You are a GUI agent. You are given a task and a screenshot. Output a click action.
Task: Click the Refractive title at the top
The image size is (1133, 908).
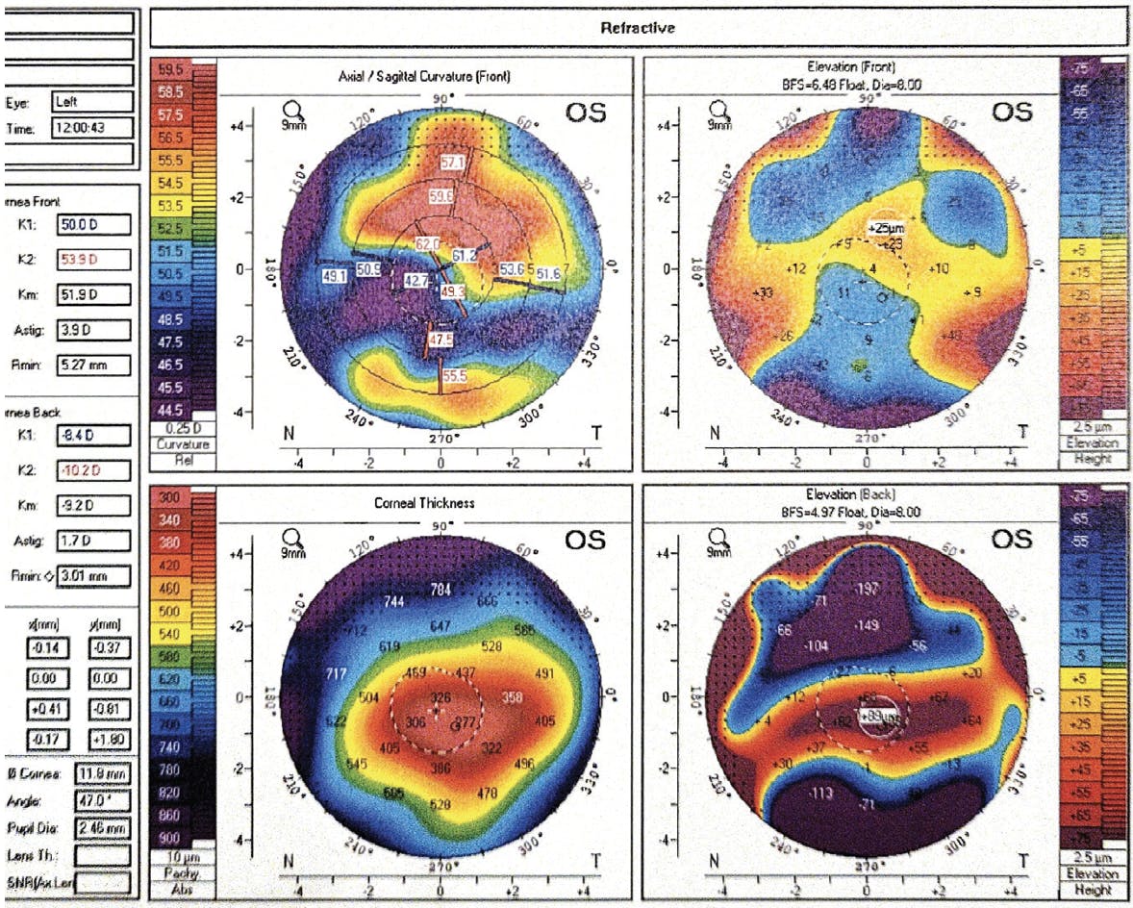pos(638,28)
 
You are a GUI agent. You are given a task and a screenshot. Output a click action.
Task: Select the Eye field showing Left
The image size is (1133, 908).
pos(92,101)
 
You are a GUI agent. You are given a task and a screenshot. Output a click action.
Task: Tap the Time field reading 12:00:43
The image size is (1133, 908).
pos(92,128)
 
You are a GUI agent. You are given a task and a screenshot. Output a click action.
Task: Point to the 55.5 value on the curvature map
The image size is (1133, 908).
pos(455,379)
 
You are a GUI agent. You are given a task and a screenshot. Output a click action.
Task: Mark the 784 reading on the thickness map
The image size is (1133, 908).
pos(441,589)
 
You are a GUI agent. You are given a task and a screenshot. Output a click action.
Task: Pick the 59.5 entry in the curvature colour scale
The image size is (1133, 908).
pos(173,69)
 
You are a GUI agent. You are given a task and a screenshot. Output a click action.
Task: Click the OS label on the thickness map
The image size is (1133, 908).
pos(585,541)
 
